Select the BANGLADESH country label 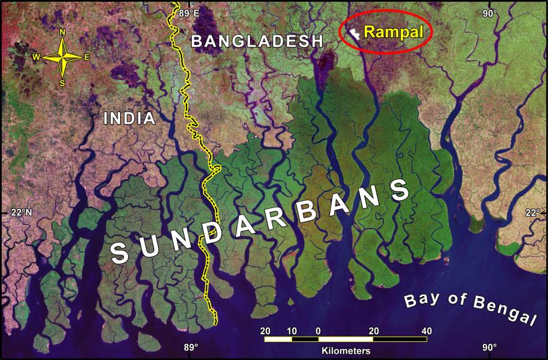point(257,42)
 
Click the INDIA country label point(129,118)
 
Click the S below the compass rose point(62,82)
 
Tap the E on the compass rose point(87,57)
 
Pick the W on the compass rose point(37,57)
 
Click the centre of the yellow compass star point(62,57)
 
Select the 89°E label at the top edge point(189,13)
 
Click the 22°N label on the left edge point(21,213)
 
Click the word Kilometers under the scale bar point(346,351)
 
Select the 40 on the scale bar point(426,331)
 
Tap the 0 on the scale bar point(318,331)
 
